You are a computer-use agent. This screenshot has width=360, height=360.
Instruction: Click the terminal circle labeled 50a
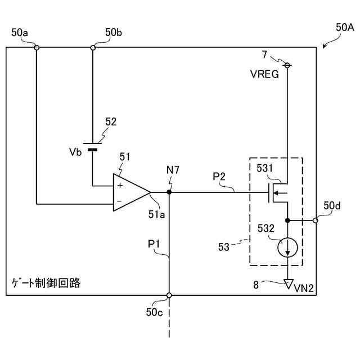[37, 48]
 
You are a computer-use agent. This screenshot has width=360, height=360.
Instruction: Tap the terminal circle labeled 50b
[93, 48]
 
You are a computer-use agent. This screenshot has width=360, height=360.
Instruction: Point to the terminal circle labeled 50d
[315, 220]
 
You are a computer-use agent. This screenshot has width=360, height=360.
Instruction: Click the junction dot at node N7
[169, 192]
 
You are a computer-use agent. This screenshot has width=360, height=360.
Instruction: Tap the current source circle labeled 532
[287, 248]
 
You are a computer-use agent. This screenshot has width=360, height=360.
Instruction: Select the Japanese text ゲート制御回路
[46, 283]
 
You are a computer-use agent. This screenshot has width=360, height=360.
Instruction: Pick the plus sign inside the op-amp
[120, 184]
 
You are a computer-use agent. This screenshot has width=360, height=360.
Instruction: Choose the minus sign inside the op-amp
[120, 201]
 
